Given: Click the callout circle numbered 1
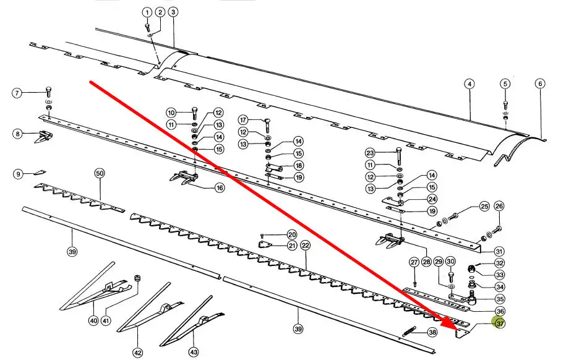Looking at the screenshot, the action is click(147, 12).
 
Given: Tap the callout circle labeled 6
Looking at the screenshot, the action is click(540, 84).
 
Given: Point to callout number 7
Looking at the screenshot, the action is click(18, 93).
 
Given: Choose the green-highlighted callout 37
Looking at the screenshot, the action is click(498, 323).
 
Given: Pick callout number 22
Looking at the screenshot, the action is click(305, 246).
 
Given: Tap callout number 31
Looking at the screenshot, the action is click(499, 251).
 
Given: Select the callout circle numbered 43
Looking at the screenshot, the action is click(193, 351).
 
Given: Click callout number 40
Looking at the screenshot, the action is click(93, 320).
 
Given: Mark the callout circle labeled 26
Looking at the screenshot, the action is click(499, 206).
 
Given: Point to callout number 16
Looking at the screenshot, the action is click(220, 187).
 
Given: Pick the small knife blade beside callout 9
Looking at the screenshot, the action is click(40, 174).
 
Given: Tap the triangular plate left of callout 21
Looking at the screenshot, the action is click(264, 245).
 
